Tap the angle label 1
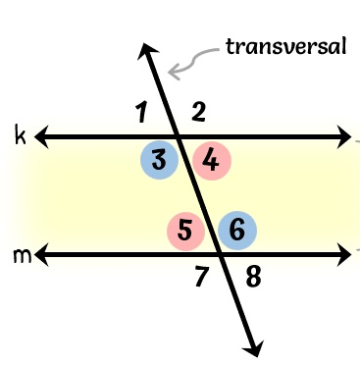pos(141,112)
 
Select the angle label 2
pos(198,112)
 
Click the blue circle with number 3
pos(159,160)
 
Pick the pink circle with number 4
pos(212,161)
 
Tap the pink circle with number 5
pos(186,231)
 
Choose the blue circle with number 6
pos(237,231)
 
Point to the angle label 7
pos(201,276)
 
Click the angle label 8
pos(253,278)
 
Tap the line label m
pos(23,256)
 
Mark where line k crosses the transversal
pos(179,137)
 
